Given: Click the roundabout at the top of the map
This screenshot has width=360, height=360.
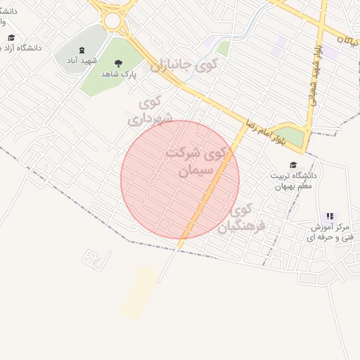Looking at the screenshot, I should (x=112, y=20).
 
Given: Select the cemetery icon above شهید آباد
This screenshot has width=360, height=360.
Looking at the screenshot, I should (x=81, y=50).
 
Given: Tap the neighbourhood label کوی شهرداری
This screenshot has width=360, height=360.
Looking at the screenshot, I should (x=150, y=111).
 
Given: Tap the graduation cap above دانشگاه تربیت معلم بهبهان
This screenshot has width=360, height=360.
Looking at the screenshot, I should (x=292, y=165).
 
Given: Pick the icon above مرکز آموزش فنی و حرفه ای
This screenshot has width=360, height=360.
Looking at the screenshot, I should (x=330, y=216).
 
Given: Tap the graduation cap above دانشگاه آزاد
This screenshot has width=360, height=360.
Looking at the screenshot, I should (x=11, y=37).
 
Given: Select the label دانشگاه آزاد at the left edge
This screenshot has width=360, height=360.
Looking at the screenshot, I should (x=20, y=48).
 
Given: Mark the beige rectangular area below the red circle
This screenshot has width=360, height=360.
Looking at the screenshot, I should (x=139, y=292).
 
